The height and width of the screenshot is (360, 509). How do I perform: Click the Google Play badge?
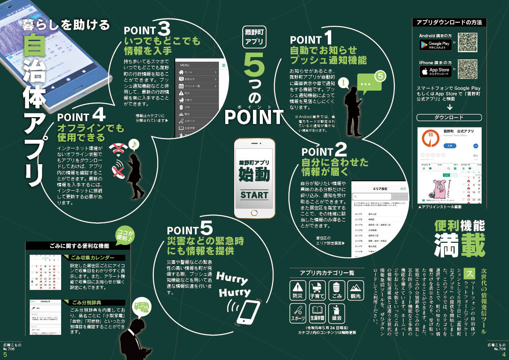pyautogui.click(x=435, y=44)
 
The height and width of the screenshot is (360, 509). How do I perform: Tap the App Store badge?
pyautogui.click(x=435, y=71)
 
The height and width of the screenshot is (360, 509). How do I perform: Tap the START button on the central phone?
pyautogui.click(x=254, y=195)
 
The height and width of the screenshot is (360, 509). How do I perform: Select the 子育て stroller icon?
pyautogui.click(x=317, y=290)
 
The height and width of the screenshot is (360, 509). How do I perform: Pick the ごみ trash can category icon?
pyautogui.click(x=337, y=290)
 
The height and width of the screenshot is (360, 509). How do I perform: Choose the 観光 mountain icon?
pyautogui.click(x=356, y=290)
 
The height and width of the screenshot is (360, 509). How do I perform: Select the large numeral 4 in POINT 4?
pyautogui.click(x=98, y=115)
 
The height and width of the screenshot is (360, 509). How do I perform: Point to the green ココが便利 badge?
pyautogui.click(x=124, y=234)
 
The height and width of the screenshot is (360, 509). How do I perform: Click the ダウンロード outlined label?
pyautogui.click(x=449, y=117)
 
